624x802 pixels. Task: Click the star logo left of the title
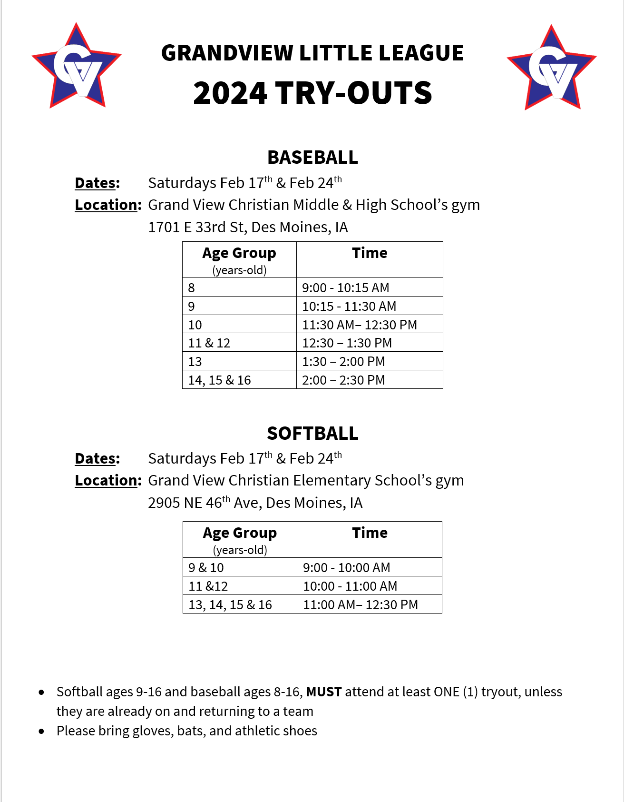(x=77, y=67)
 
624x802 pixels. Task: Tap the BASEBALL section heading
(x=312, y=158)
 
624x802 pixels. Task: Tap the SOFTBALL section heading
(x=312, y=434)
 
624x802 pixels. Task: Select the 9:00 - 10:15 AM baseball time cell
(x=346, y=287)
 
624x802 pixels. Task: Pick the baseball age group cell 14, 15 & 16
(x=219, y=380)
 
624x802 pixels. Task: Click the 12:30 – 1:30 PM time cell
(x=347, y=343)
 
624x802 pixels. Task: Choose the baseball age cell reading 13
(x=195, y=361)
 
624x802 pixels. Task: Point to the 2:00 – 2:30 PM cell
(x=343, y=380)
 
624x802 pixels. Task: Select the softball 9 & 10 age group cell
(x=206, y=567)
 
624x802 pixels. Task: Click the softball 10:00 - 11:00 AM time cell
(x=350, y=586)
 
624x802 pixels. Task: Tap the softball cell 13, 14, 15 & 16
(x=230, y=604)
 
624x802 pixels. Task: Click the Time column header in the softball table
(x=370, y=533)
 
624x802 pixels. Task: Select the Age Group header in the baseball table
(x=239, y=253)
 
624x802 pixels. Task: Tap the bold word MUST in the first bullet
(x=323, y=692)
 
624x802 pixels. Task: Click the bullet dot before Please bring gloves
(x=42, y=731)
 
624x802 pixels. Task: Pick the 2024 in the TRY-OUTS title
(x=230, y=93)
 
